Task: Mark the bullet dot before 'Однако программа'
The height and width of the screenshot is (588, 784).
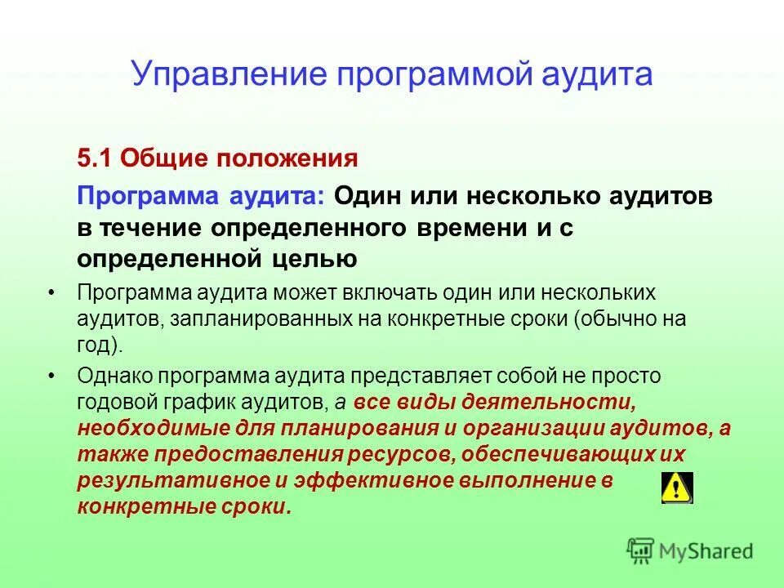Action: click(52, 376)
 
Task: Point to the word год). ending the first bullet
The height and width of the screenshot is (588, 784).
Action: click(100, 345)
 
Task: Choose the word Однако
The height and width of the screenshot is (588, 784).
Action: click(115, 376)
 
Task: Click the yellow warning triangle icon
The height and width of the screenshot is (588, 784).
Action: click(676, 488)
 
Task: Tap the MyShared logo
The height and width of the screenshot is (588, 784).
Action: click(690, 551)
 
